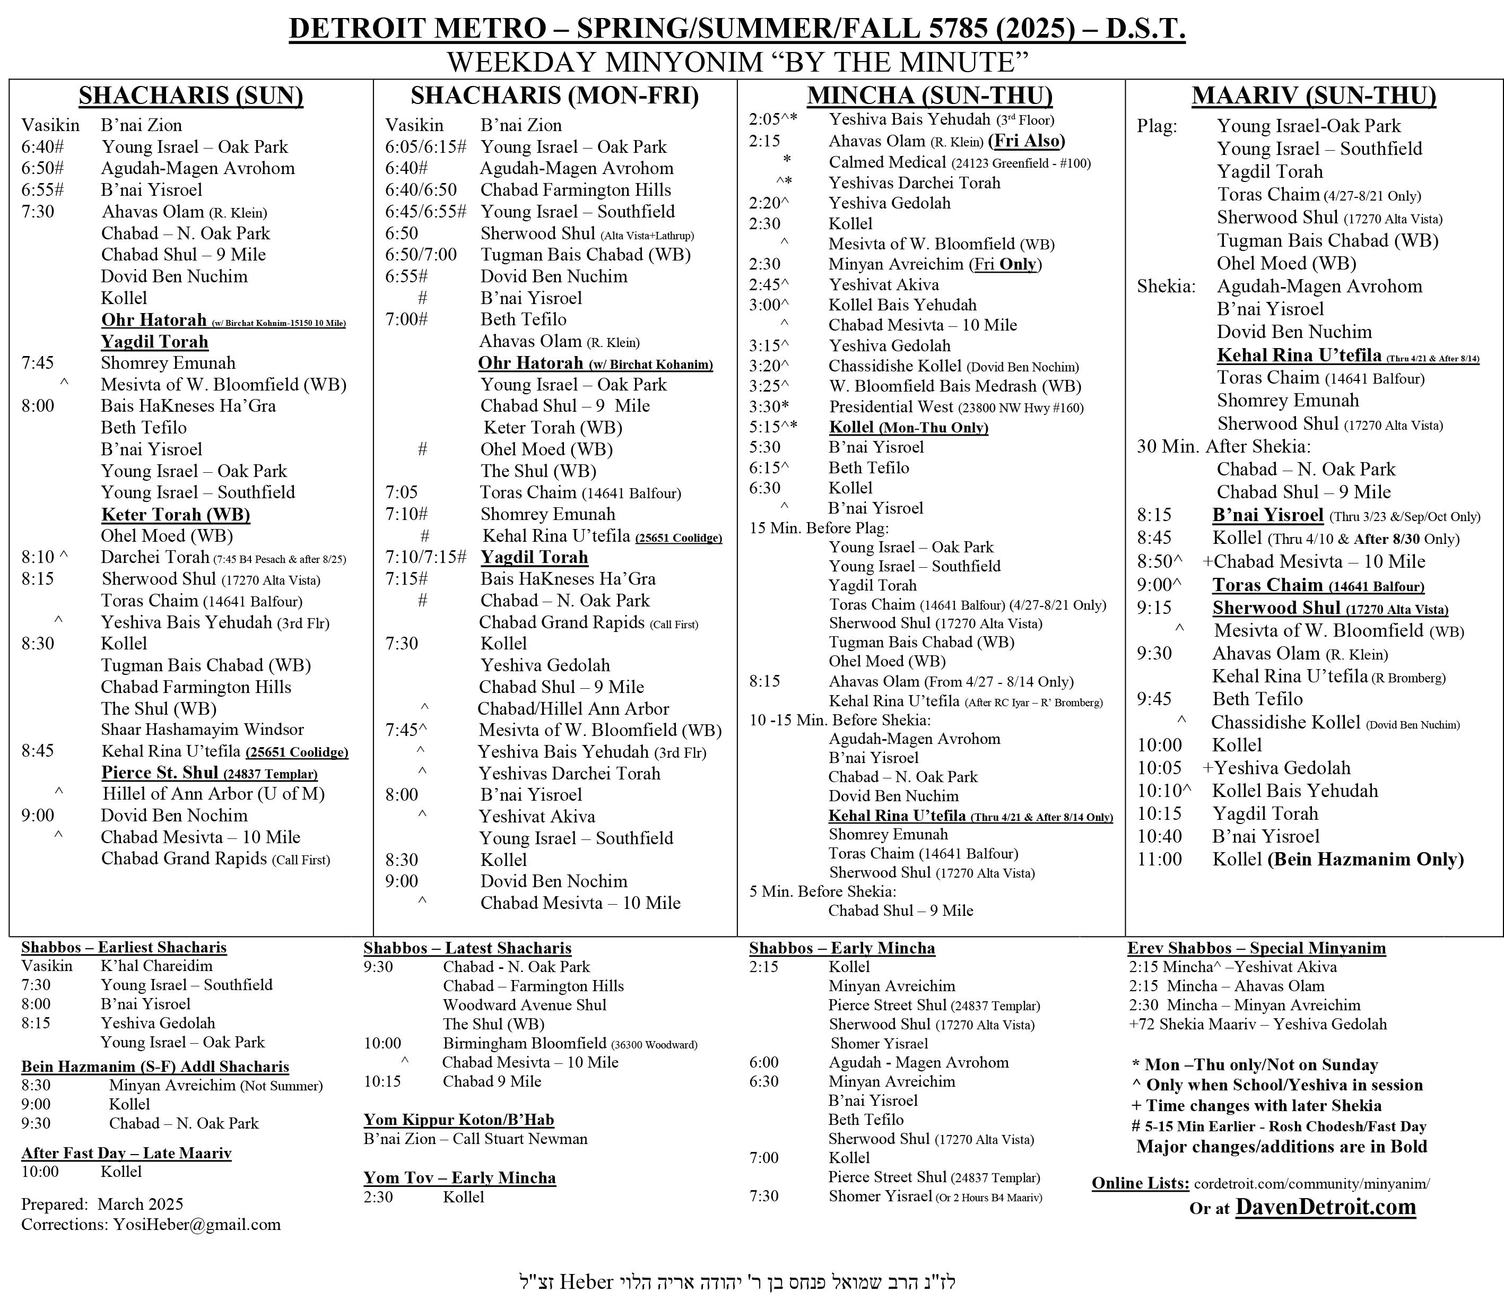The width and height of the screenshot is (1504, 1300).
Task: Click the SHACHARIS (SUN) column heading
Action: tap(191, 96)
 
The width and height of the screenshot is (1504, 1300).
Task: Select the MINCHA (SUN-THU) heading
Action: tap(930, 96)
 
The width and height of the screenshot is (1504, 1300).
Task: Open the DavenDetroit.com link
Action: tap(1325, 1207)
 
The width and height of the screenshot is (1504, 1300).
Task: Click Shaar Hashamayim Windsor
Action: tap(202, 730)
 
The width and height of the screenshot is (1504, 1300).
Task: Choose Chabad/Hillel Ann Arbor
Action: tap(573, 708)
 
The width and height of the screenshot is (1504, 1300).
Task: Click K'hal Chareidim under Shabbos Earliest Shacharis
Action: tap(156, 966)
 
